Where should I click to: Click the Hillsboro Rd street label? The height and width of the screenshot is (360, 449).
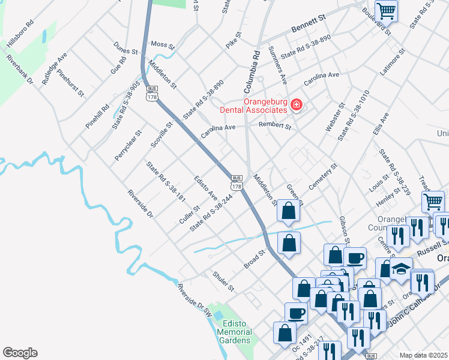[20, 38]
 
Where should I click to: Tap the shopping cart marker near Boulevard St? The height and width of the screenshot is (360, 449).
[386, 10]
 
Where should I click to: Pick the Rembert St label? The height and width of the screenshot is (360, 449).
[274, 126]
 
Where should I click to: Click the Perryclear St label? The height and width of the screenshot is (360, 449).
[128, 146]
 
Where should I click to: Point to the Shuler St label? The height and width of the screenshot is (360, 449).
[223, 281]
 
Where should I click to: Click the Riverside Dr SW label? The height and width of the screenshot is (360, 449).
[194, 299]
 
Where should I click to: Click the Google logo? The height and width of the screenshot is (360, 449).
[20, 353]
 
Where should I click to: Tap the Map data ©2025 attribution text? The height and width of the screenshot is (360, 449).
[423, 355]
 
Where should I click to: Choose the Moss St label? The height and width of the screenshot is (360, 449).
[162, 45]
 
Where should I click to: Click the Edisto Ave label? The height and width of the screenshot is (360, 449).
[205, 188]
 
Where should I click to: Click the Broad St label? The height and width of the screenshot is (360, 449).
[254, 259]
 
